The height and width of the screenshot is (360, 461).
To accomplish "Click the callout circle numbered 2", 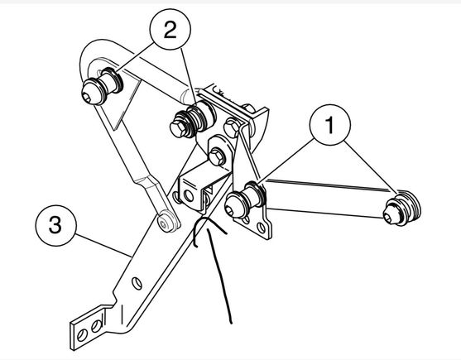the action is tap(170, 30).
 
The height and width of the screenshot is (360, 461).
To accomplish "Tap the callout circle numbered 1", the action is tap(330, 125).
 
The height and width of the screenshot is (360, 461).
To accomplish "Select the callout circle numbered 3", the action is tap(55, 225).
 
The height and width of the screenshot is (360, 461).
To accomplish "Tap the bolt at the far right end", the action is tap(402, 208).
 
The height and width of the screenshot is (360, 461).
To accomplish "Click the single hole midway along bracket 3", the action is tap(137, 283).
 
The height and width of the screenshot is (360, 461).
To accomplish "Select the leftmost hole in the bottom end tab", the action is tap(82, 335).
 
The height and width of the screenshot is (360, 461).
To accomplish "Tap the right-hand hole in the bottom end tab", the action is tap(97, 325).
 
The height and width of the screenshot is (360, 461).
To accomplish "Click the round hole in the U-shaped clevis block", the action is tap(188, 195).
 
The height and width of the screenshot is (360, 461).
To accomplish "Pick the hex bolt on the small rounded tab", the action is tap(217, 156).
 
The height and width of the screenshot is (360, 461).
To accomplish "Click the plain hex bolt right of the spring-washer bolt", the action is tap(233, 127).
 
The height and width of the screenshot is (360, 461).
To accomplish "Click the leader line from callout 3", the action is tap(103, 243).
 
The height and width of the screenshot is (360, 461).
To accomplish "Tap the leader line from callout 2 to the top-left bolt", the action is tap(135, 57).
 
